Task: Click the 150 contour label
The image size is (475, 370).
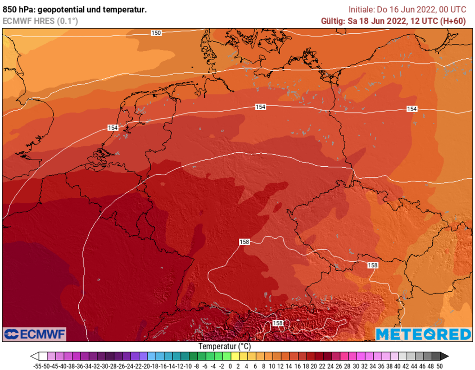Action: (156, 33)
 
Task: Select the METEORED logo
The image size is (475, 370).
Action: (423, 334)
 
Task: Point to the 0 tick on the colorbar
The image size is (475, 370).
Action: (231, 366)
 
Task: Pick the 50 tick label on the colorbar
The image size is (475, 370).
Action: (439, 366)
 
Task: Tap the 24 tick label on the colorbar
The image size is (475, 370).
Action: (331, 366)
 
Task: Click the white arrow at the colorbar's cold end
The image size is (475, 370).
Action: (34, 356)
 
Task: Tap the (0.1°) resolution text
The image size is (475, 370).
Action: (67, 21)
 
